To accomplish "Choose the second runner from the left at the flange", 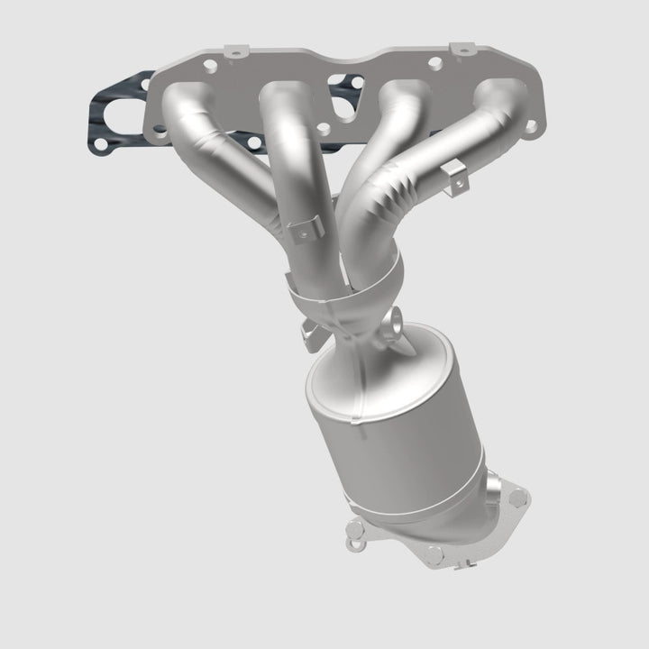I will click(287, 97).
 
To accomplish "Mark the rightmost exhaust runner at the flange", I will click(500, 97).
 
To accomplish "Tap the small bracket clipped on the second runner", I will click(304, 228).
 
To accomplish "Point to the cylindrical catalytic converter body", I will click(397, 433).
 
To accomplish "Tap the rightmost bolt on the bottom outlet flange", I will click(516, 494).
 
